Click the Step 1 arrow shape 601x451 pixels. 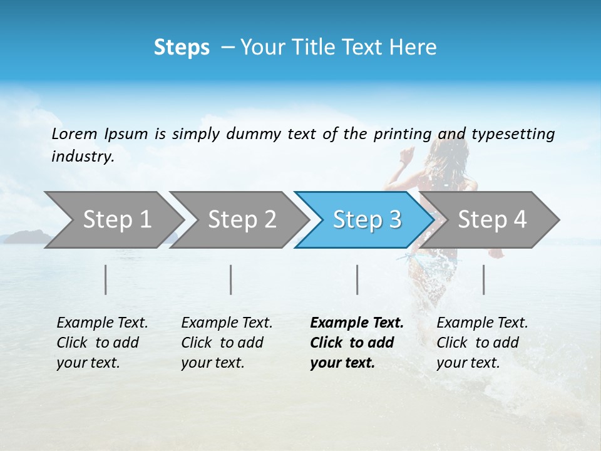coord(116,220)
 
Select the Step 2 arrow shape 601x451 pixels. coord(242,220)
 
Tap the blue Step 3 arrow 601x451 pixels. coord(367,220)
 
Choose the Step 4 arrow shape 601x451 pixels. coord(492,220)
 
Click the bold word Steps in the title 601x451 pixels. coord(182,48)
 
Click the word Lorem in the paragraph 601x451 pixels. coord(74,134)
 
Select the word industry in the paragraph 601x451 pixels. coord(82,157)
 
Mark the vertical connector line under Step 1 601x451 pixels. coord(106,279)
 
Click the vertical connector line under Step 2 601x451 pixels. coord(231,279)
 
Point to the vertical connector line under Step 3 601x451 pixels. coord(357,279)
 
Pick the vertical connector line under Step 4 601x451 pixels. coord(483,279)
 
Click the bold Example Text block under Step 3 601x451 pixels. coord(356,343)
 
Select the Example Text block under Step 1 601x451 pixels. coord(102,343)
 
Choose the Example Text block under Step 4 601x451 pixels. coord(482,343)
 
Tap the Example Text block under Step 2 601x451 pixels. coord(227,343)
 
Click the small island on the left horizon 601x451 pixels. coord(26,236)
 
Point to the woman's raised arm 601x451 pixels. coord(407,157)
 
